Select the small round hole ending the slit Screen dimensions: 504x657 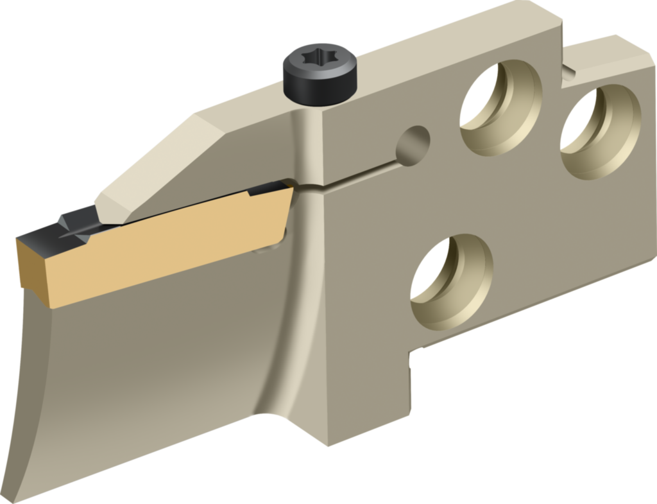click(x=412, y=143)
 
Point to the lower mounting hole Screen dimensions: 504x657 click(x=451, y=281)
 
